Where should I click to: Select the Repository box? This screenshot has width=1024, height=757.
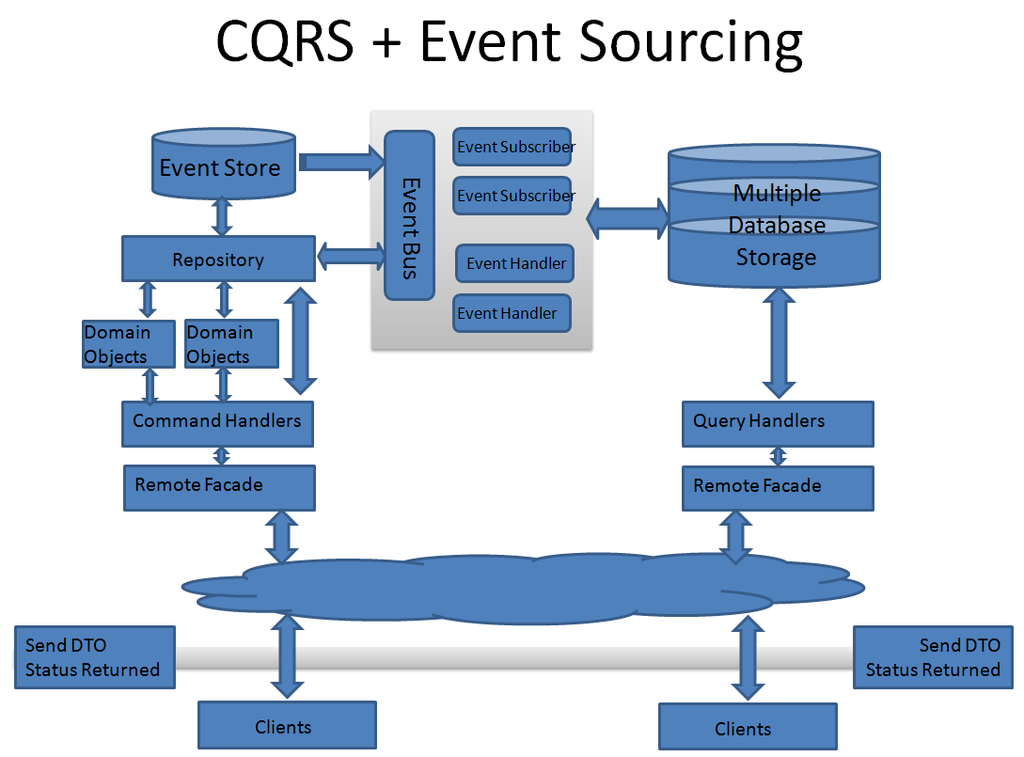218,259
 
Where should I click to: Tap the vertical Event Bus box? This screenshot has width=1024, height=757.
409,215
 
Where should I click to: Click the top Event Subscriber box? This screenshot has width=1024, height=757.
512,147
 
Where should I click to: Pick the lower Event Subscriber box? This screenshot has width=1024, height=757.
512,196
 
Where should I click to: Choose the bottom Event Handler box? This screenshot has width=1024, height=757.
512,313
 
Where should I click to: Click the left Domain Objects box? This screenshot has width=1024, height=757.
129,344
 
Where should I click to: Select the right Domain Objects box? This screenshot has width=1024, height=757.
231,344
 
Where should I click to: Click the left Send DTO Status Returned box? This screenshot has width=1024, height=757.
94,657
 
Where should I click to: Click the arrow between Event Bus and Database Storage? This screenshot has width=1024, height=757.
627,220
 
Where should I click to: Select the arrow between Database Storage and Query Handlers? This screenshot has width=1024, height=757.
780,341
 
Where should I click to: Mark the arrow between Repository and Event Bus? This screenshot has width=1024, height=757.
351,256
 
